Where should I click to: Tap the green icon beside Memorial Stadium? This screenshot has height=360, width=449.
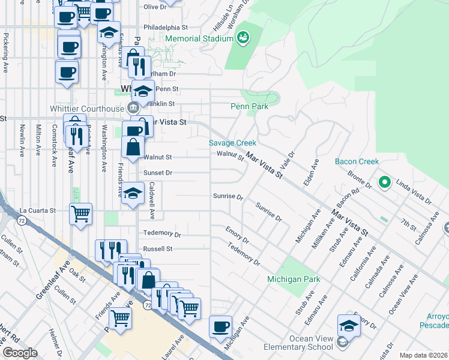tap(243, 38)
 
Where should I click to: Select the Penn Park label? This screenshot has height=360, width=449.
tap(249, 106)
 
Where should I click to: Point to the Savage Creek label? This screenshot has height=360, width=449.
tap(232, 143)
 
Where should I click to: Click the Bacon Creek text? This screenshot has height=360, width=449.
tap(357, 161)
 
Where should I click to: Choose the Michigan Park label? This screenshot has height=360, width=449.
tap(294, 280)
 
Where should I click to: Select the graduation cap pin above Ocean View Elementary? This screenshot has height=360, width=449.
tap(349, 326)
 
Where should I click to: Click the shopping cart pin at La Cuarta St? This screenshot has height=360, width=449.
tap(80, 214)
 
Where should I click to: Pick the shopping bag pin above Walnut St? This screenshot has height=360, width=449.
tap(133, 146)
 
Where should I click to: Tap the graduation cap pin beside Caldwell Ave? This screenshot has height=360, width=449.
tap(133, 193)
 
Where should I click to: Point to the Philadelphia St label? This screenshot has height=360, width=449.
tap(166, 28)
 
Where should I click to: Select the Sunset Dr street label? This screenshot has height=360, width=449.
tap(158, 173)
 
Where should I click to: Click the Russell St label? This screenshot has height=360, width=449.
tap(158, 248)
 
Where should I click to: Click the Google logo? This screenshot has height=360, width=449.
tap(20, 353)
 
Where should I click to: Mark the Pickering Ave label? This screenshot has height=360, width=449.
tap(5, 49)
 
